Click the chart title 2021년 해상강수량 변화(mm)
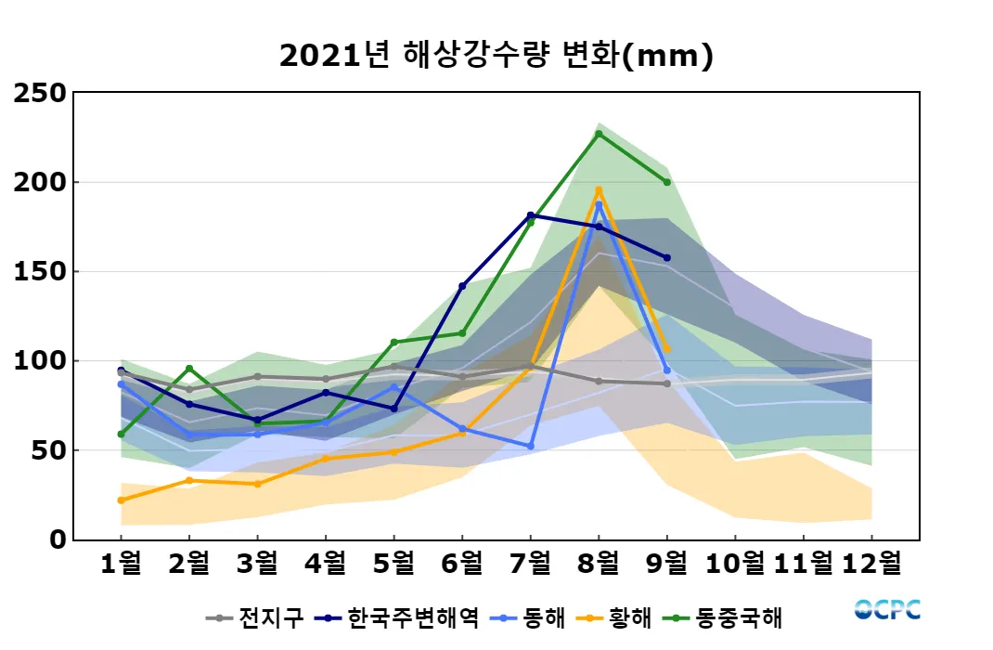(496, 56)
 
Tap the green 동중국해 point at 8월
(599, 134)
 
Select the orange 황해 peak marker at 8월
(599, 190)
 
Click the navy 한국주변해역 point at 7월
(530, 215)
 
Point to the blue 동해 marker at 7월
(530, 447)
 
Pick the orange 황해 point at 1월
(121, 500)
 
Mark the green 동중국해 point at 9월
(666, 182)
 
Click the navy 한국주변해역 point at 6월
(462, 286)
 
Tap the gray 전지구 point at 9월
(666, 383)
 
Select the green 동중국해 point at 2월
(189, 369)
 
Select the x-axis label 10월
(735, 564)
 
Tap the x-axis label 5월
(393, 564)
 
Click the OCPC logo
(887, 610)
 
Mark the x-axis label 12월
(871, 564)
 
